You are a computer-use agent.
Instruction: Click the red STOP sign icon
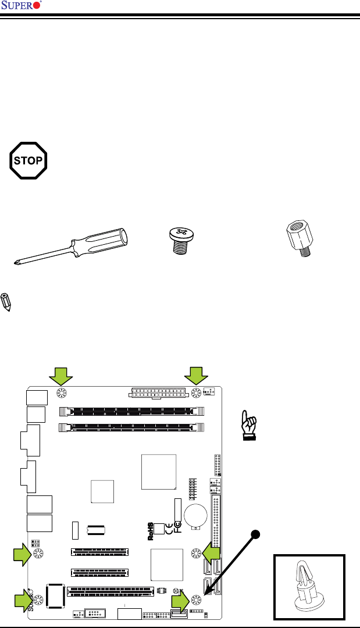[x=28, y=160]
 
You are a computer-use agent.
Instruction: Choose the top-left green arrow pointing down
[x=60, y=375]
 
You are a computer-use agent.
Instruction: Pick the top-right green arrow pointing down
[x=197, y=375]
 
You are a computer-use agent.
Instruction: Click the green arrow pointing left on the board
[x=211, y=552]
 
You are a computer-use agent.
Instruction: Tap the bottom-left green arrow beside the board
[x=24, y=600]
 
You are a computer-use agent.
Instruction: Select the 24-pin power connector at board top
[x=156, y=393]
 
